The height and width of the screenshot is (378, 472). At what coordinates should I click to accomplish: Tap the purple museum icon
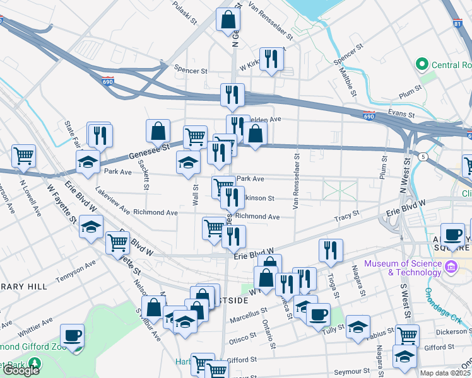pos(451,268)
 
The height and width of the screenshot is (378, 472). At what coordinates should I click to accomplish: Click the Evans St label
pos(402,112)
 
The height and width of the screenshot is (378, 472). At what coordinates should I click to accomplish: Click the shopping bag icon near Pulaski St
pos(227,20)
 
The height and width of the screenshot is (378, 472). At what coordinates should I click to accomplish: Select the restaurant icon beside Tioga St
pos(331,250)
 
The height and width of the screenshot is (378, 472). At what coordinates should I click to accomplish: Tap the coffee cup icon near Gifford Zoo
pos(73,336)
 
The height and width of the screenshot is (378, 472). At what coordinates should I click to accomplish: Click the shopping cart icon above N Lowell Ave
pos(23,156)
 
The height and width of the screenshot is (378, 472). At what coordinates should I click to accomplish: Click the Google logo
pos(21,370)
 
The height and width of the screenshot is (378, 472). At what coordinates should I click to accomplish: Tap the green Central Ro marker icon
pos(421,64)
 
